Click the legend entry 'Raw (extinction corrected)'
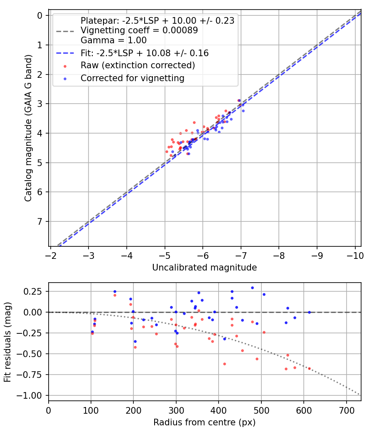pos(138,65)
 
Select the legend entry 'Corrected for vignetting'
pos(132,78)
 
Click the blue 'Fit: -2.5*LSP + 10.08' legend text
pos(144,53)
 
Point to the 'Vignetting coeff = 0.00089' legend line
pos(139,30)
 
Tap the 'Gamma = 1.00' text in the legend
pos(113,40)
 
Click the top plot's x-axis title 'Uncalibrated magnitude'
pos(204,268)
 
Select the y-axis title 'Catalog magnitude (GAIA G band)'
pos(28,130)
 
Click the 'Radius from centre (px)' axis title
pos(204,422)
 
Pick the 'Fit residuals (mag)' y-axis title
pos(7,342)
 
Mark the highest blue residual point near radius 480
pos(252,288)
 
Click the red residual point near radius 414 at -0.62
pos(224,364)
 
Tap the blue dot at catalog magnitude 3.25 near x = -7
pos(243,111)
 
